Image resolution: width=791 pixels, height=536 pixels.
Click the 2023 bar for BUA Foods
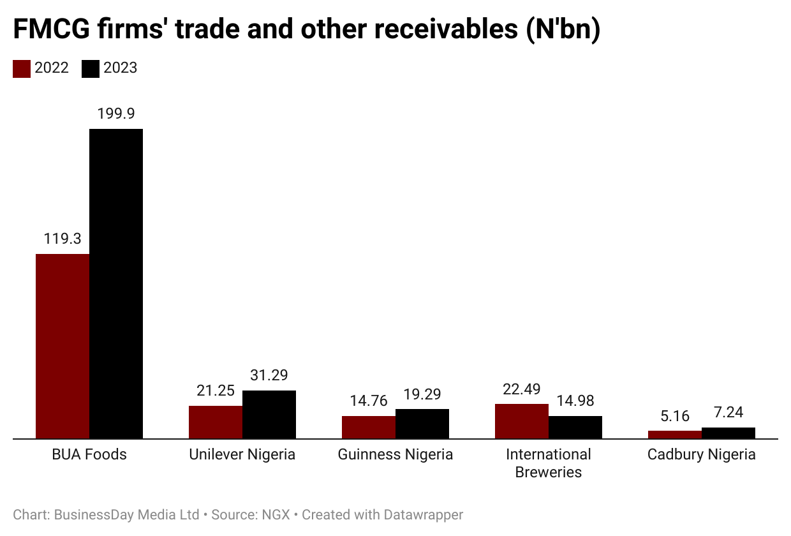click(x=116, y=284)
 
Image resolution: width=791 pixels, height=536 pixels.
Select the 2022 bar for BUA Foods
click(x=63, y=346)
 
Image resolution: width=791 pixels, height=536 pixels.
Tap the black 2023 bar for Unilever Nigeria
click(x=269, y=415)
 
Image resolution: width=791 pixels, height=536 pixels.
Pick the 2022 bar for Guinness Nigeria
click(x=369, y=428)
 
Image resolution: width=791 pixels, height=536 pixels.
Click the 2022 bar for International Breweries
click(x=522, y=421)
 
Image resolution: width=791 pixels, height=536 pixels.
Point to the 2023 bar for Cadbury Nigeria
click(x=728, y=433)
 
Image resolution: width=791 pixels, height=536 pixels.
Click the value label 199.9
click(x=116, y=114)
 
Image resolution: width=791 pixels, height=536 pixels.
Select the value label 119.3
click(x=63, y=239)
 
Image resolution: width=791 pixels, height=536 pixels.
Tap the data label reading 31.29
click(x=269, y=375)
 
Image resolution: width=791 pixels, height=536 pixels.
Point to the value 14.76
click(x=369, y=401)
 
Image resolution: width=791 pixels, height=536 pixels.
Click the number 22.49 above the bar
click(x=522, y=389)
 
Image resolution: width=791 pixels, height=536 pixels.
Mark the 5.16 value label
click(x=675, y=416)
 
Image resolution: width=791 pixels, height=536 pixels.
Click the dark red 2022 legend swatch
click(x=22, y=69)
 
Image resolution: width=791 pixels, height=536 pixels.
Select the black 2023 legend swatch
click(x=91, y=69)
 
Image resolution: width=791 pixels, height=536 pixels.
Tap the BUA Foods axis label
click(x=89, y=454)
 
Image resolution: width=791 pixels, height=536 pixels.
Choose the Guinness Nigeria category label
click(x=395, y=454)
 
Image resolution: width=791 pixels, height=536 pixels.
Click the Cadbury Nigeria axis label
click(x=702, y=454)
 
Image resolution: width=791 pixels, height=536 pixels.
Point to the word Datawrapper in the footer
click(x=424, y=514)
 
